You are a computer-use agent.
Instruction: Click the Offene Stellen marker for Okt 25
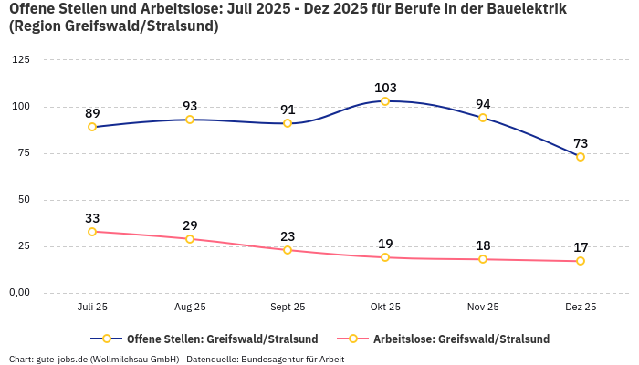click(385, 101)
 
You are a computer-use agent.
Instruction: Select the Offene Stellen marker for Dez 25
click(581, 157)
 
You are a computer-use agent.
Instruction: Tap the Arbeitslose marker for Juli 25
click(92, 232)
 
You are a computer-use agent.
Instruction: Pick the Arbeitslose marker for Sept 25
click(288, 250)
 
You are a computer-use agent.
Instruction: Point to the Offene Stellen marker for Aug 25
click(190, 120)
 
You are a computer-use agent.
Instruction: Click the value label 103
click(385, 88)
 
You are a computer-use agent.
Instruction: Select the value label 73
click(581, 143)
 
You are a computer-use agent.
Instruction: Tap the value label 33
click(92, 218)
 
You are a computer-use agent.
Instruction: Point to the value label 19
click(385, 244)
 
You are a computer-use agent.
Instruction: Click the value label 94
click(483, 104)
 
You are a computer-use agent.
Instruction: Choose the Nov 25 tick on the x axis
click(483, 308)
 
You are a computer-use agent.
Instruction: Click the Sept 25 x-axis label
click(288, 308)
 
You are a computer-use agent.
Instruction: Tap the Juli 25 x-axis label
click(92, 308)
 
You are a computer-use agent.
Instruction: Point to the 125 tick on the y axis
click(20, 60)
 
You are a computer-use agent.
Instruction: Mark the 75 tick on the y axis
click(23, 153)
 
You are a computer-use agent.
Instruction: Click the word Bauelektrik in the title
click(521, 9)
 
